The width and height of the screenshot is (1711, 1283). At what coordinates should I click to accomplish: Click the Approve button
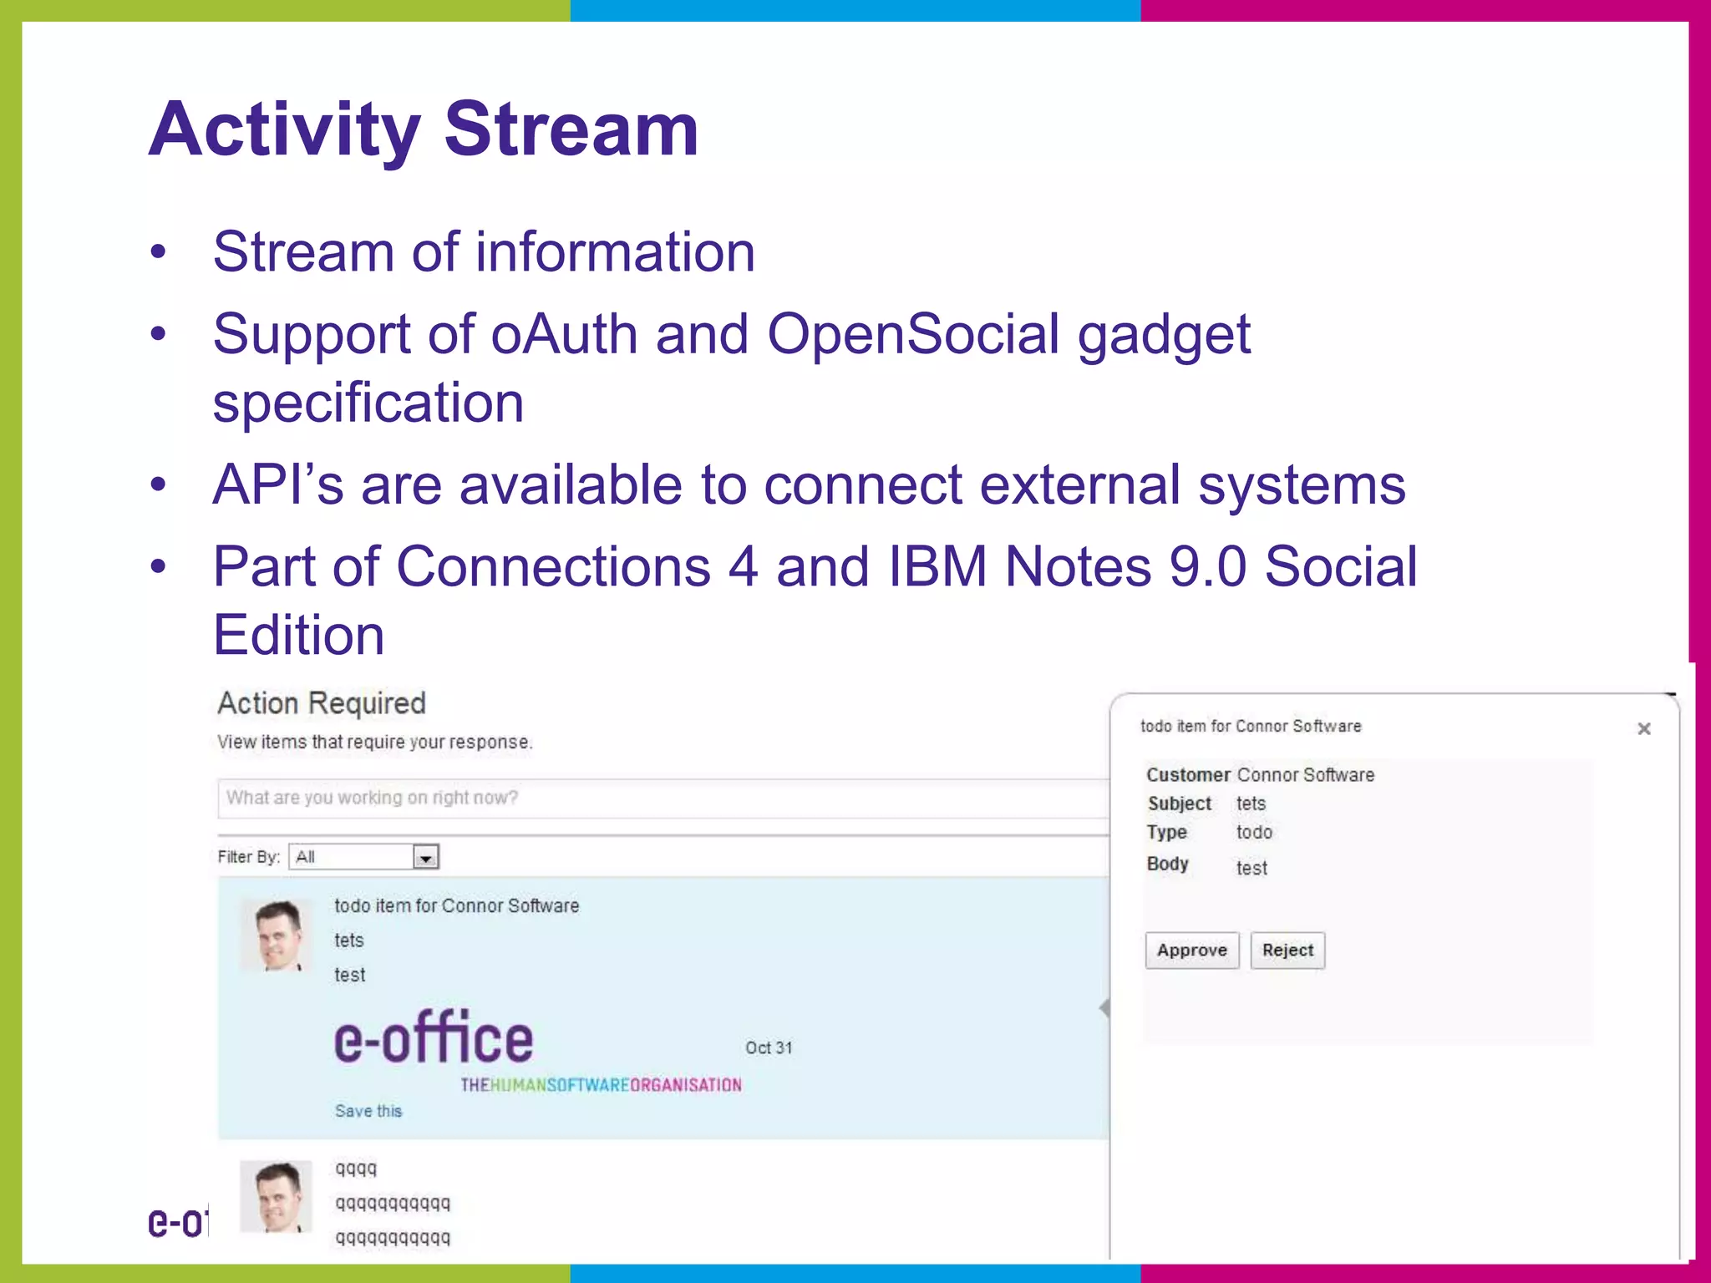[1191, 951]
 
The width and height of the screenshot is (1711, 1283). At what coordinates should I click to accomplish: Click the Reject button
[1287, 951]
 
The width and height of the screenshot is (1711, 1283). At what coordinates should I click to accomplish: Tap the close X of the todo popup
[1643, 729]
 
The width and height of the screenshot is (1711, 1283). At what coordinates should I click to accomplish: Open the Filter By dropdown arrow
[426, 857]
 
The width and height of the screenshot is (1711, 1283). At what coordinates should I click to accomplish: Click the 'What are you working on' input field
[660, 799]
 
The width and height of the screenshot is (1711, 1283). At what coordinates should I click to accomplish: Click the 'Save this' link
[368, 1111]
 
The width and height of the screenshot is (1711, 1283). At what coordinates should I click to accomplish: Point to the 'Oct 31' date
[769, 1047]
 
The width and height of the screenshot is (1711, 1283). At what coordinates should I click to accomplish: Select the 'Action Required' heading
[322, 703]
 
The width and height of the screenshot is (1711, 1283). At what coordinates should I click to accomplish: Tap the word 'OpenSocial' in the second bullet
[913, 334]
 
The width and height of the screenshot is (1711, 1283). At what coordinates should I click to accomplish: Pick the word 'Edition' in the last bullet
[298, 636]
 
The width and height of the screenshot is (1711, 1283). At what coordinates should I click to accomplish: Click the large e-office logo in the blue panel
[434, 1038]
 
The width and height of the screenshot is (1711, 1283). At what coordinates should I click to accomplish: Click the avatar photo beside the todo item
[276, 936]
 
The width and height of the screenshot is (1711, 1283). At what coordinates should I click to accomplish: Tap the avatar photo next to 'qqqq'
[276, 1196]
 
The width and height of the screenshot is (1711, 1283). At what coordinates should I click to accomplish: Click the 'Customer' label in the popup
[1187, 775]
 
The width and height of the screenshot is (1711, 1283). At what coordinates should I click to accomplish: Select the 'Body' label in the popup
[1167, 864]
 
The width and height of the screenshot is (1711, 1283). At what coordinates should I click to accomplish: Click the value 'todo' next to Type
[1254, 832]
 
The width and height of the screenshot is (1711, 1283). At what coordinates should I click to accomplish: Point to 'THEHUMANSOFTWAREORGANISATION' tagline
[601, 1085]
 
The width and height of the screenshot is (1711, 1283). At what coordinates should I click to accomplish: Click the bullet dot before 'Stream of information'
[158, 253]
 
